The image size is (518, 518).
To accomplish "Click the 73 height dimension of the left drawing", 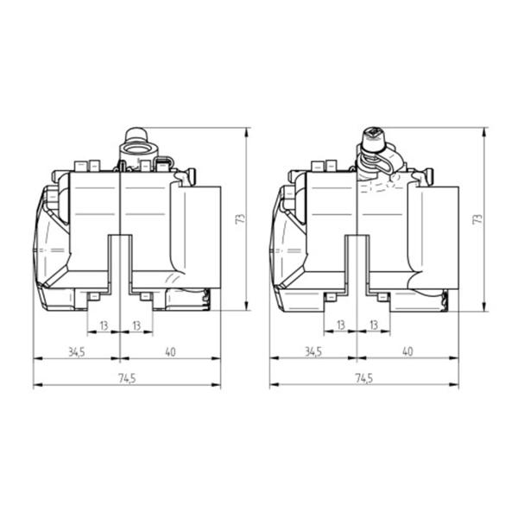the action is (x=241, y=218).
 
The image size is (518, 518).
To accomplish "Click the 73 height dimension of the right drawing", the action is (x=477, y=218).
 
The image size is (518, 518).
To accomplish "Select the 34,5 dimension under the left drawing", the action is (x=76, y=352).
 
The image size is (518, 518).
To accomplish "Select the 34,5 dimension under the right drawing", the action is (x=313, y=352).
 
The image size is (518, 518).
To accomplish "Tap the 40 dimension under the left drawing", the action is (x=170, y=352).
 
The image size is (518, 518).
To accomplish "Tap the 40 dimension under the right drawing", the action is (x=407, y=351).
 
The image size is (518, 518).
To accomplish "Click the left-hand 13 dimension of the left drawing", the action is (x=104, y=325).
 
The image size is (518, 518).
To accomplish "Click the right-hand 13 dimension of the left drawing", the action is (x=136, y=325).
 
